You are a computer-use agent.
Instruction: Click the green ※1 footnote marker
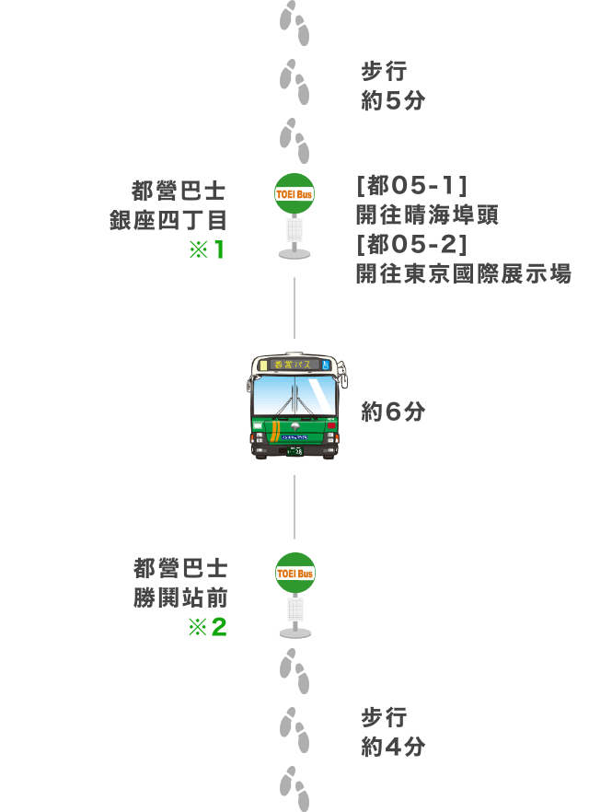[206, 250]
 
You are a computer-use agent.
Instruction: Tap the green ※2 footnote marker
[207, 627]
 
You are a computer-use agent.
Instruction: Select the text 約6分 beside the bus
[393, 412]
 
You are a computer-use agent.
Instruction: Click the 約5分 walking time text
[393, 100]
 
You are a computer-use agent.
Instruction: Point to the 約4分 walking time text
[393, 747]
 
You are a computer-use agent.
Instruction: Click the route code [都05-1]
[412, 185]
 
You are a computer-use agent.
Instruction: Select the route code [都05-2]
[412, 245]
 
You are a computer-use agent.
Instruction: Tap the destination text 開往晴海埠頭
[427, 215]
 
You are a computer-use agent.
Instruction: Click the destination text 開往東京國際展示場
[463, 274]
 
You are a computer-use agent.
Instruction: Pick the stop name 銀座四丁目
[168, 221]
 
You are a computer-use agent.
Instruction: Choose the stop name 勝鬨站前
[180, 597]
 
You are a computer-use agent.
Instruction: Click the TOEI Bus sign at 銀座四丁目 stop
[294, 193]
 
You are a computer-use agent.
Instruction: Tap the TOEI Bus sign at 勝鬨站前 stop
[295, 573]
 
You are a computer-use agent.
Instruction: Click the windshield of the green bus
[294, 395]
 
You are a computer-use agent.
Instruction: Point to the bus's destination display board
[294, 365]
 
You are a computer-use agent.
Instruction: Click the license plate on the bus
[295, 451]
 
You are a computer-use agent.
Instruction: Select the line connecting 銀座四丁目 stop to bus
[294, 307]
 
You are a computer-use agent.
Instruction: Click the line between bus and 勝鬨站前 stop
[294, 506]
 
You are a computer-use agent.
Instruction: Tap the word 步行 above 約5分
[384, 71]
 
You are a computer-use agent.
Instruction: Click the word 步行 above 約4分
[384, 717]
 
